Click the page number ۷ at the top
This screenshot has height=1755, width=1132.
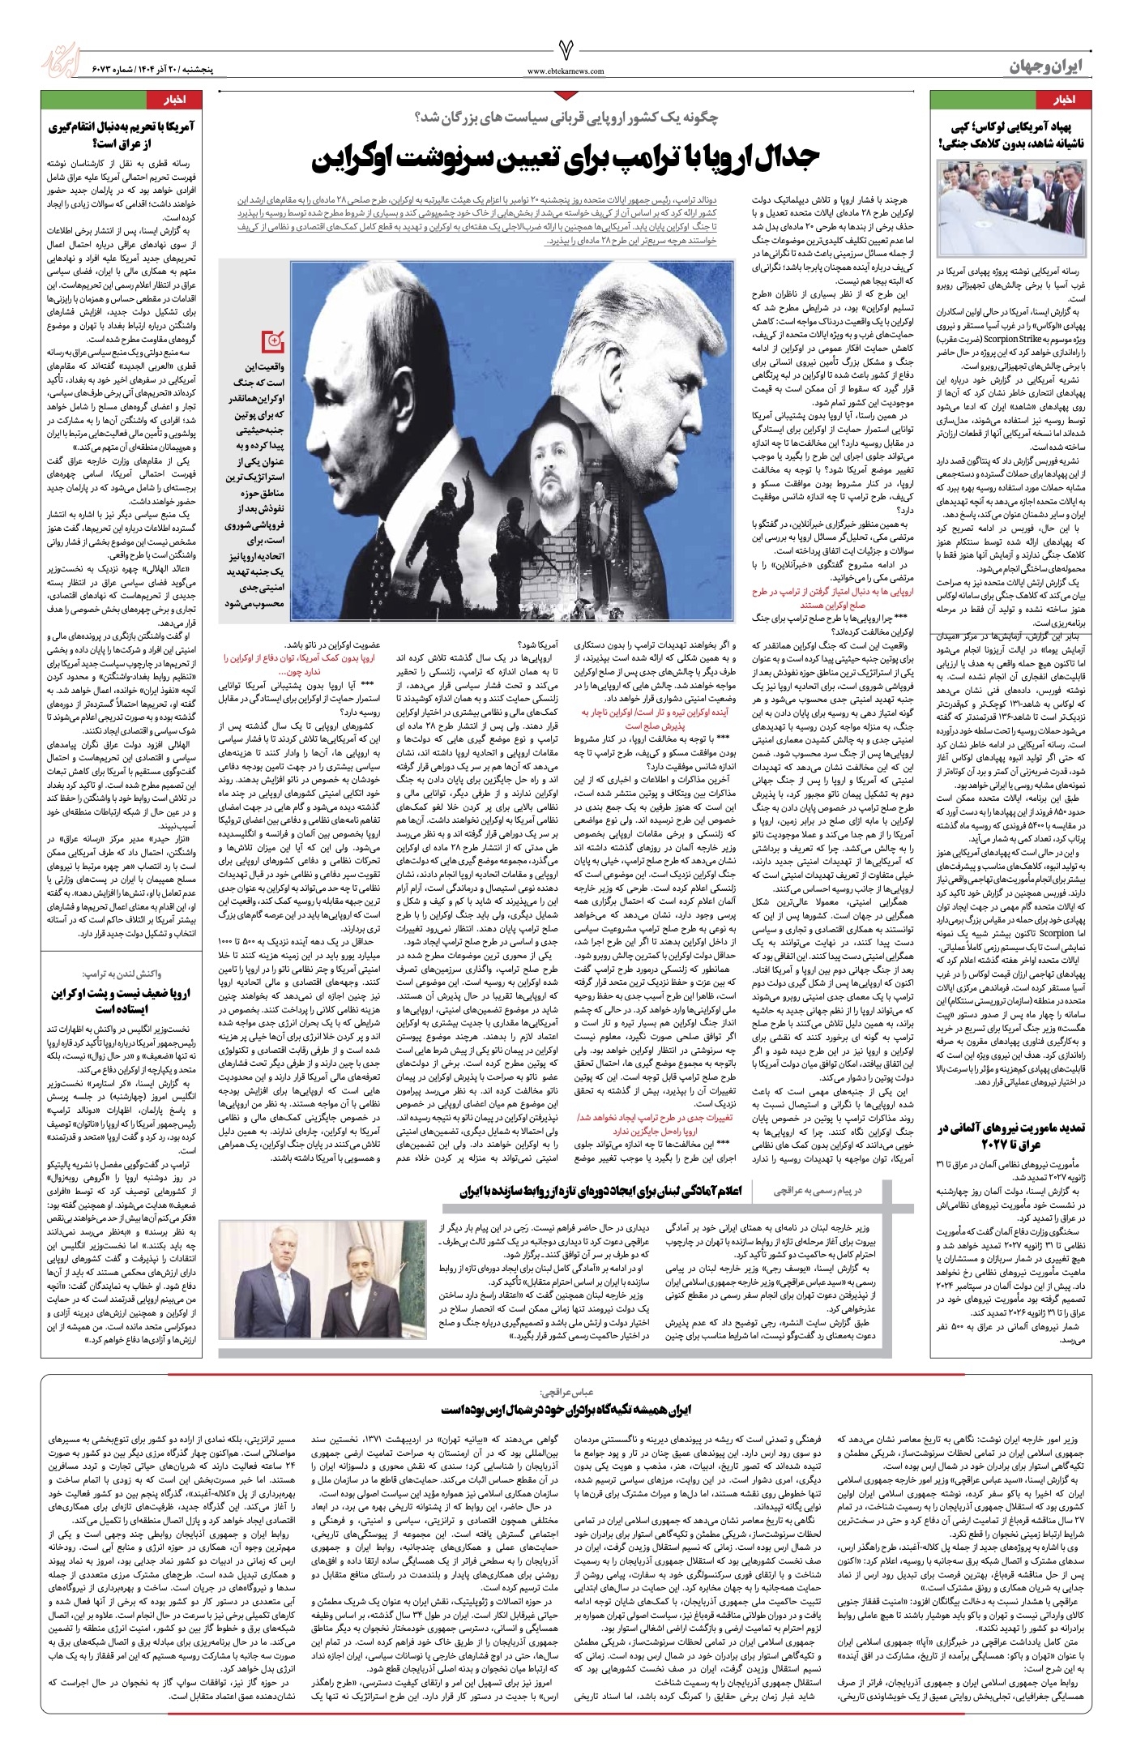coord(566,51)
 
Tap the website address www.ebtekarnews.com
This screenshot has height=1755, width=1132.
coord(566,71)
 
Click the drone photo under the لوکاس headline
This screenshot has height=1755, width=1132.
coord(1010,206)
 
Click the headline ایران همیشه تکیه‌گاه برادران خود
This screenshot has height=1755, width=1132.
coord(566,1410)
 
